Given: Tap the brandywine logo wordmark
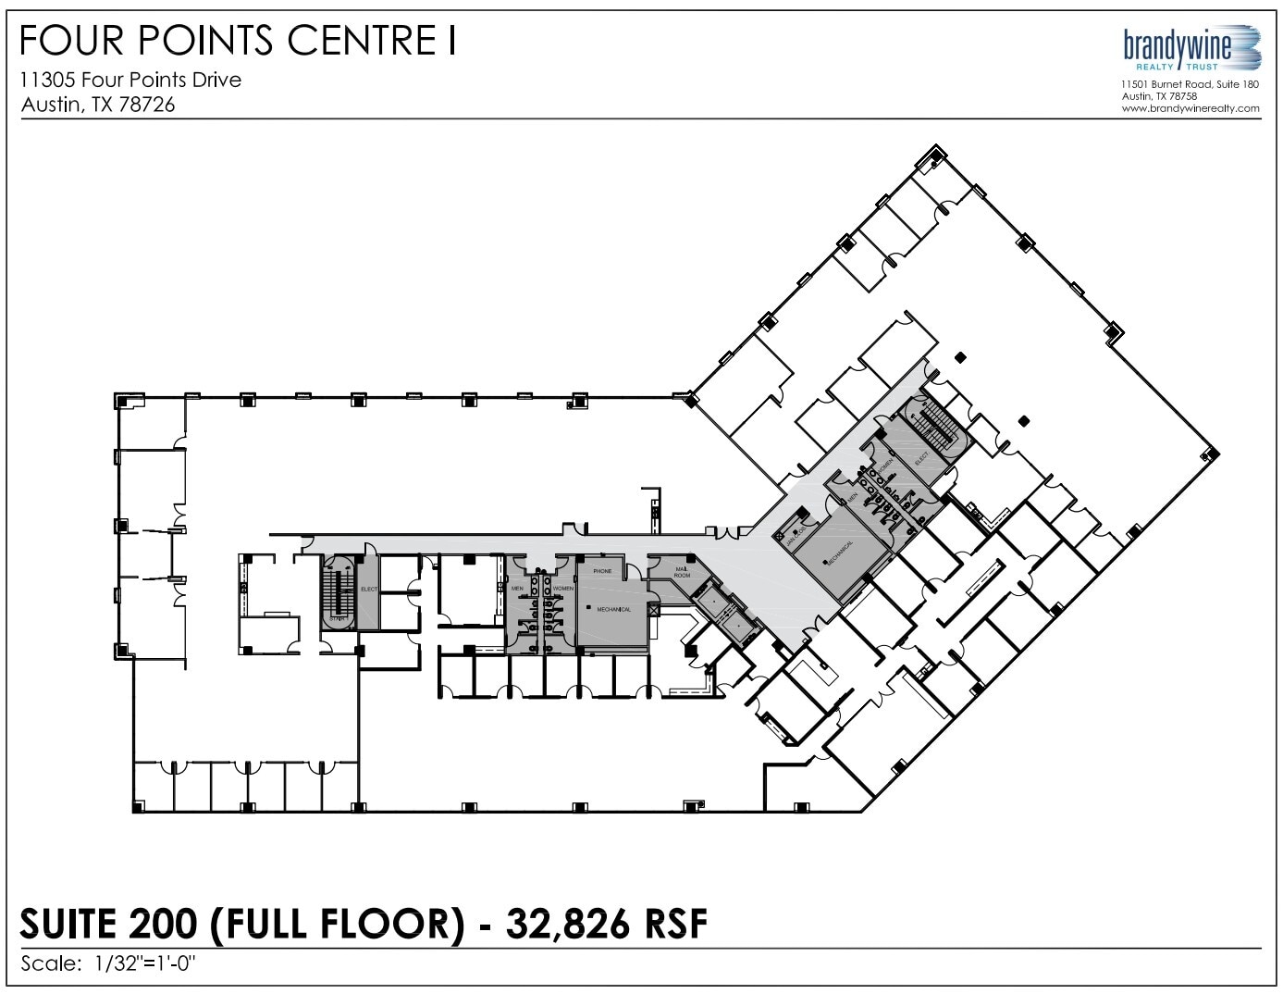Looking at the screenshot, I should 1177,44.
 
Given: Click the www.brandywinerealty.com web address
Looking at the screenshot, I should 1190,108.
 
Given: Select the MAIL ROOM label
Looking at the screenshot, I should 682,573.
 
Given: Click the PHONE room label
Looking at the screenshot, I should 602,571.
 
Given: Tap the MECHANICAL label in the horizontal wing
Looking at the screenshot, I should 613,610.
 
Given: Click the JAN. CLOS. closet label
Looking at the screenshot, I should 792,530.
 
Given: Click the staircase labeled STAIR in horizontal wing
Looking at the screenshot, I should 338,597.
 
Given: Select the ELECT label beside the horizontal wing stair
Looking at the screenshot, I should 368,590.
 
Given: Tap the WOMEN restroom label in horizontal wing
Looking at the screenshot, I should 563,589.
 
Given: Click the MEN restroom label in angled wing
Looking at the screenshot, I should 853,498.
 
